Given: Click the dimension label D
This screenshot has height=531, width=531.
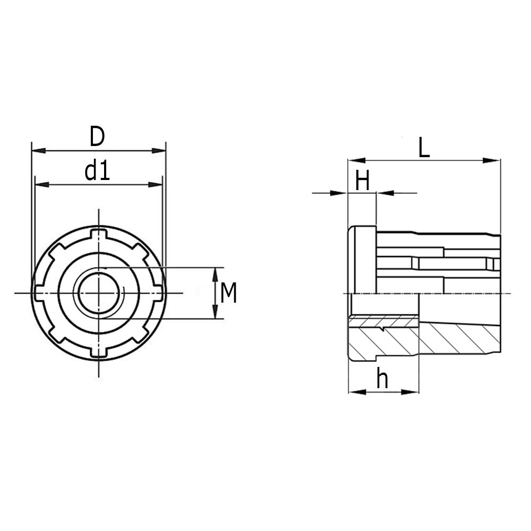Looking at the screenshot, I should pyautogui.click(x=97, y=136).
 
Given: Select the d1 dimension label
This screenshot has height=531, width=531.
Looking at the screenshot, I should pyautogui.click(x=97, y=171).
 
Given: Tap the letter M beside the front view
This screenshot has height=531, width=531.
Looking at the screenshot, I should pyautogui.click(x=228, y=293).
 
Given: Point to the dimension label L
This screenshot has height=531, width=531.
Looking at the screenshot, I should pyautogui.click(x=423, y=148).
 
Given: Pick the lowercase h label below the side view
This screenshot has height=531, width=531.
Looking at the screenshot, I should pyautogui.click(x=382, y=379).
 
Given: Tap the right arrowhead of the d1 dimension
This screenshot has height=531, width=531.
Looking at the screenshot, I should pyautogui.click(x=155, y=185).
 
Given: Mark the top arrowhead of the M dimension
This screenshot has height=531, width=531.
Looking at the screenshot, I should pyautogui.click(x=215, y=274).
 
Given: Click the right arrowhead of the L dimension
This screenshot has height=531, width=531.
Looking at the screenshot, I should pyautogui.click(x=493, y=160).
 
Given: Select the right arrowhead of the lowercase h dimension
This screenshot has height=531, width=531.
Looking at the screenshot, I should pyautogui.click(x=410, y=392).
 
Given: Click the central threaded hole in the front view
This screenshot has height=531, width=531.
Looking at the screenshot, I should pyautogui.click(x=98, y=293).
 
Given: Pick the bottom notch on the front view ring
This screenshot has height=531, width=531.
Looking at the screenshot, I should pyautogui.click(x=98, y=352).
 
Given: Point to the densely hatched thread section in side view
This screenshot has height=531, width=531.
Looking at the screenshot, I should pyautogui.click(x=384, y=321).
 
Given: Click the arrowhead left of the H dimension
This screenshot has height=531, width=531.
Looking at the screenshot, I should pyautogui.click(x=339, y=193).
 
